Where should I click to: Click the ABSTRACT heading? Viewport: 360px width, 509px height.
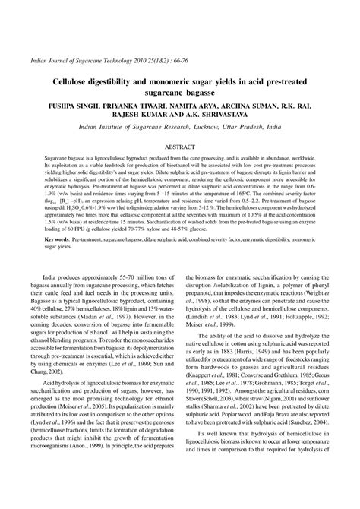coord(180,144)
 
